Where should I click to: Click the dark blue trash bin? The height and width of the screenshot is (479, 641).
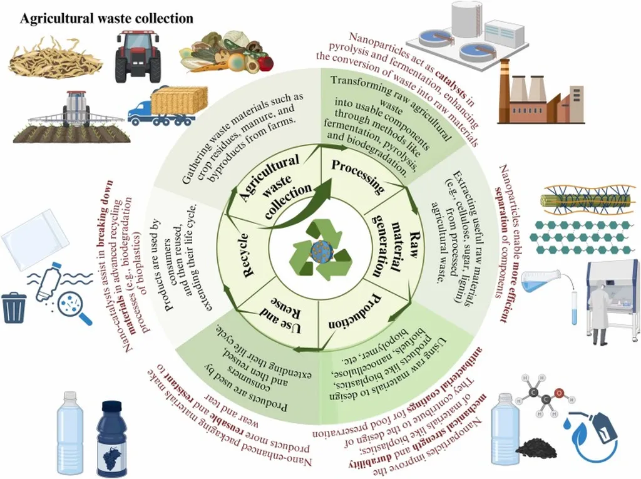tap(14, 307)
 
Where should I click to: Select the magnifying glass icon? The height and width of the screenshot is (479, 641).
tap(74, 310)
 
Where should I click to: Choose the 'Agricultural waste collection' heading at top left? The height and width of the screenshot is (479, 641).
tap(106, 19)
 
